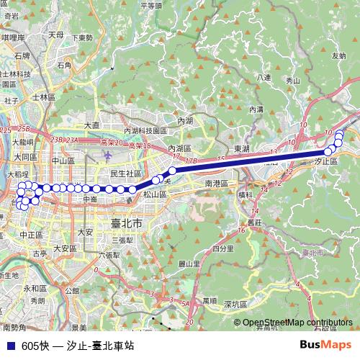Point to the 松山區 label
(x=154, y=194)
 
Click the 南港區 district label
(x=216, y=184)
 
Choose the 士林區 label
(x=43, y=96)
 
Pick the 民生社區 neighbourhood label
(x=126, y=174)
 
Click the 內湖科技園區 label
(x=145, y=131)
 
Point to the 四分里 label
(x=223, y=248)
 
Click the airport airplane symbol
(x=108, y=156)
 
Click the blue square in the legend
(x=10, y=346)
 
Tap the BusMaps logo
(x=325, y=345)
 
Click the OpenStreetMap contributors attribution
(x=297, y=323)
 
